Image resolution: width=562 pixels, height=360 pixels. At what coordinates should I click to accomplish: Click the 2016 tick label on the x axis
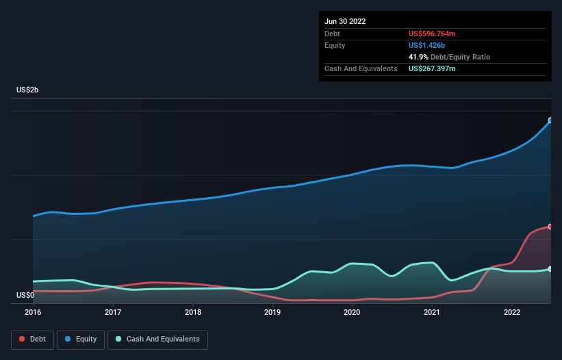coord(33,312)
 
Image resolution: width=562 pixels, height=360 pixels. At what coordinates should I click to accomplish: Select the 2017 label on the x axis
coord(113,312)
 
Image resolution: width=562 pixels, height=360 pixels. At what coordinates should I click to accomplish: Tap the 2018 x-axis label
coord(193,312)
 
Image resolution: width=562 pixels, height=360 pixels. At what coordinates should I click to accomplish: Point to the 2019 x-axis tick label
coord(272,312)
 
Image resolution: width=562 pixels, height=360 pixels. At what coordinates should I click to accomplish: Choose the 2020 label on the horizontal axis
coord(352,312)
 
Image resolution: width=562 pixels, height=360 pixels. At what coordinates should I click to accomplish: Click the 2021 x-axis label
coord(432,312)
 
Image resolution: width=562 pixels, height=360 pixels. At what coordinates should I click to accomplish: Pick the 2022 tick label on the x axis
coord(512,312)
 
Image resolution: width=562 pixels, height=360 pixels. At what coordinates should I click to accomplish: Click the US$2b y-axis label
coord(27,90)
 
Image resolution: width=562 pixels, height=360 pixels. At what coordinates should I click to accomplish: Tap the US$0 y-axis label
coord(25,295)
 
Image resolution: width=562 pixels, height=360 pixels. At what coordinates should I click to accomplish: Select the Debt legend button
coord(33,339)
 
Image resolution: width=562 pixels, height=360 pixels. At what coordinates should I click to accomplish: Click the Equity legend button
coord(81,339)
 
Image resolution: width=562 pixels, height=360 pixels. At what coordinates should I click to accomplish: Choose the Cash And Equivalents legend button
coord(157,339)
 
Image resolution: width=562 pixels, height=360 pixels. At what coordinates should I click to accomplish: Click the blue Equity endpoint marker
coord(550,120)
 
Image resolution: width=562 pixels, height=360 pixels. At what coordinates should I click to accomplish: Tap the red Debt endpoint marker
coord(550,227)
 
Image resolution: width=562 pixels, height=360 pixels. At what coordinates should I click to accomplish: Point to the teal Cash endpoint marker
coord(550,269)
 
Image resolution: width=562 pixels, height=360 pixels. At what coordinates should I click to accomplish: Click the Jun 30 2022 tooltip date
coord(345,21)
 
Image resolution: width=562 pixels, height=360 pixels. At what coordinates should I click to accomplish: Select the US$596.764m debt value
coord(432,34)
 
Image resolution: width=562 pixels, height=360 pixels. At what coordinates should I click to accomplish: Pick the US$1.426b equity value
coord(426,45)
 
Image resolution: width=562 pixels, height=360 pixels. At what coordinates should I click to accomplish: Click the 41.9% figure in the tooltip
coord(418,57)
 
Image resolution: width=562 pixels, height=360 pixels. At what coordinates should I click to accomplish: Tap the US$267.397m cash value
coord(432,68)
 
